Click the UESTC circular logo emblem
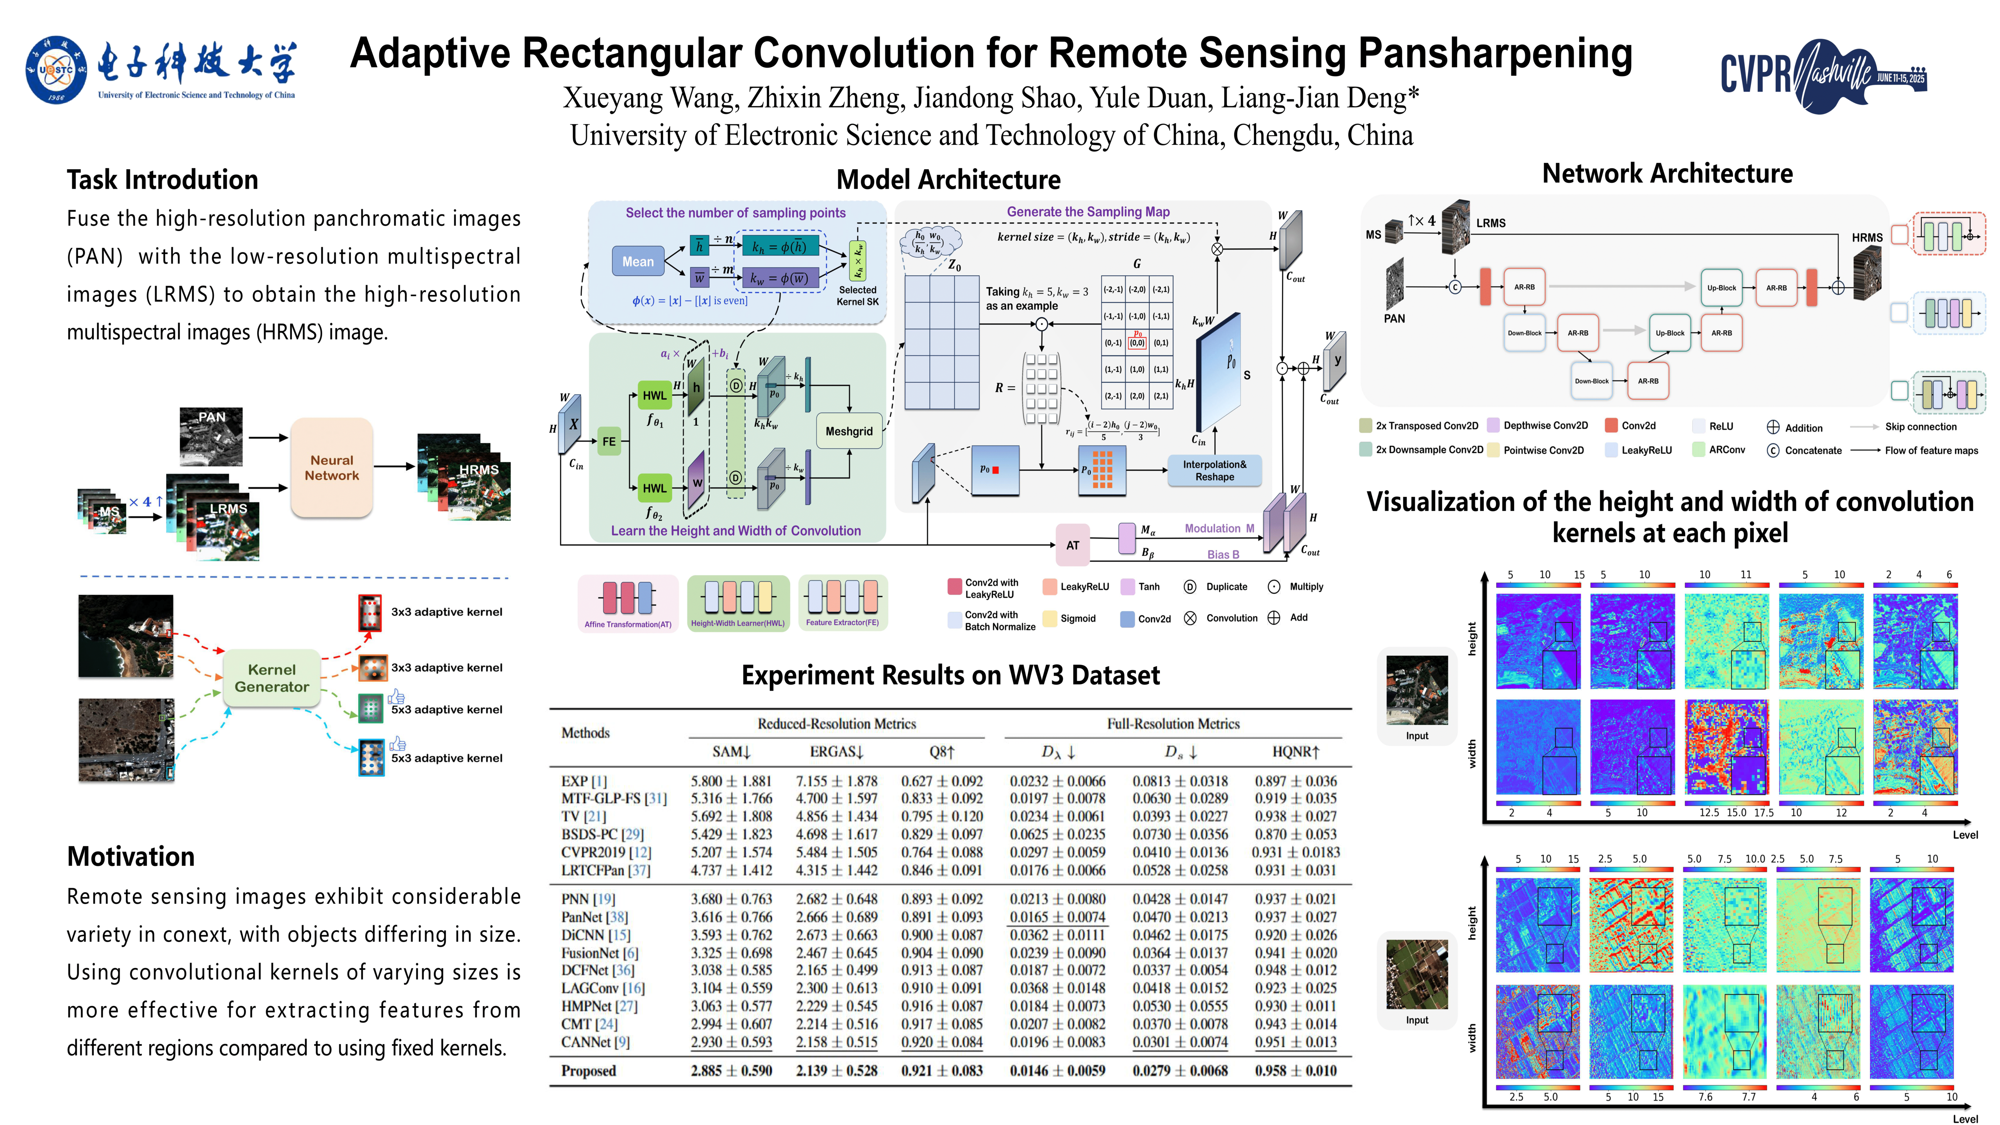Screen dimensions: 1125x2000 coord(56,70)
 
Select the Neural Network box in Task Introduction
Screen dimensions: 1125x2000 coord(332,468)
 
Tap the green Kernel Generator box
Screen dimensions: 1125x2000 coord(272,678)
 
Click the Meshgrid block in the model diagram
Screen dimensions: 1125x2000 coord(848,431)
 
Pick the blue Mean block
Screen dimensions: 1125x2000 coord(637,262)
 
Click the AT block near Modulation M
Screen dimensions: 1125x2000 coord(1072,545)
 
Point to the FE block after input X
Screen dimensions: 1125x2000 coord(609,441)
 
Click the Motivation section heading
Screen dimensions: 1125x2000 coord(130,856)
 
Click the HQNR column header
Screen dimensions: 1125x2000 coord(1295,752)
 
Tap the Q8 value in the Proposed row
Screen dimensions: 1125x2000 coord(941,1071)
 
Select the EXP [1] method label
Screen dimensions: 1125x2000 coord(584,781)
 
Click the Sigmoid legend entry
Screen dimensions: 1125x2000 coord(1077,619)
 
